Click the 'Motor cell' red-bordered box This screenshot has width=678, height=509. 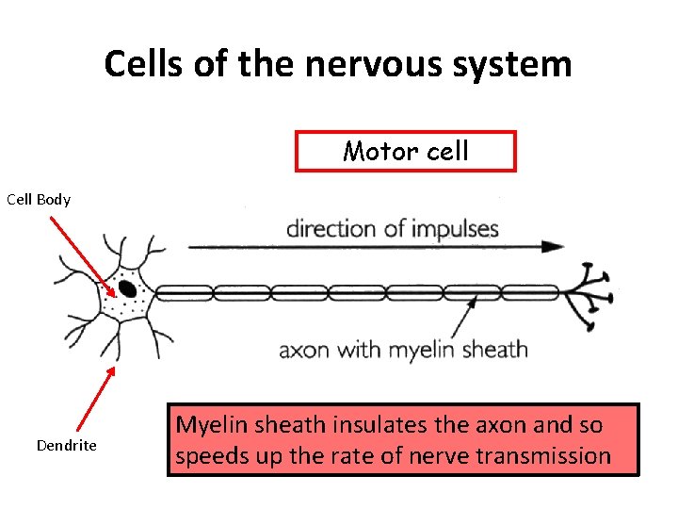tap(406, 151)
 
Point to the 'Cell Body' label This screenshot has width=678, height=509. tap(39, 199)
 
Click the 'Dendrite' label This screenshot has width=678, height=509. tap(66, 445)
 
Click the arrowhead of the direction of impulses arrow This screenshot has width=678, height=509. tap(555, 247)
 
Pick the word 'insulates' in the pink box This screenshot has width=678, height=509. tap(371, 425)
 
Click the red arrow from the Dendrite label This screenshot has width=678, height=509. tap(95, 401)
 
